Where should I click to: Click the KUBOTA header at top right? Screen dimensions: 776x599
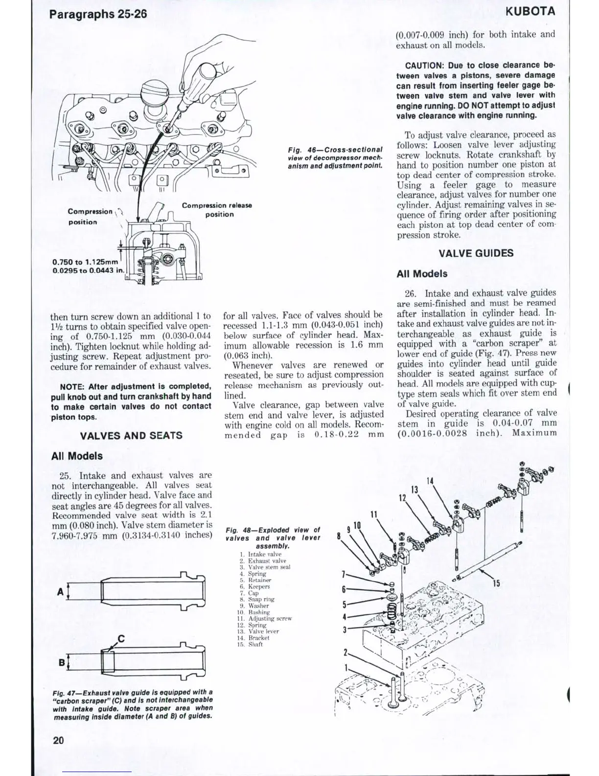point(530,11)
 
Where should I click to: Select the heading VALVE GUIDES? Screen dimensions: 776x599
point(476,253)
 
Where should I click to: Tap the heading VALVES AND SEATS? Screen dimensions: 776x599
point(131,436)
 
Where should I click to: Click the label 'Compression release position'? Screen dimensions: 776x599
point(217,210)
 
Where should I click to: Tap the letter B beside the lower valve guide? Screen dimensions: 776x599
point(61,663)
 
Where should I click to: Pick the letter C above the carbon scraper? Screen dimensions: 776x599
point(121,638)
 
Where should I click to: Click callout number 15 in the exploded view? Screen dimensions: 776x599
point(496,583)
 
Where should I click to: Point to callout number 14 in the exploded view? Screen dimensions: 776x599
point(430,481)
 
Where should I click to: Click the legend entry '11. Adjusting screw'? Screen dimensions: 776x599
point(264,618)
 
